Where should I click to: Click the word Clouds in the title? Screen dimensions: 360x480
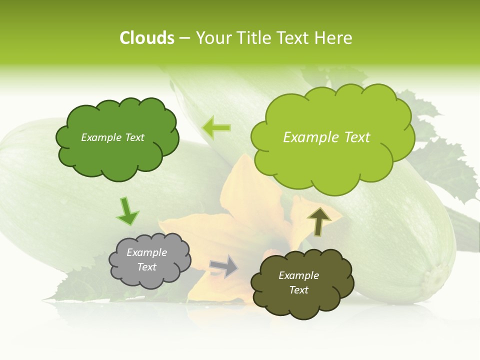click(x=147, y=38)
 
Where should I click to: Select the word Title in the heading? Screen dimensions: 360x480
click(x=253, y=38)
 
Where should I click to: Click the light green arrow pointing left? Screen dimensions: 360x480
click(x=216, y=128)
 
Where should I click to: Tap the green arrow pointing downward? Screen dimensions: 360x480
click(x=127, y=211)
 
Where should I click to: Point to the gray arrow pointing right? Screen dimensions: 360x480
click(x=224, y=266)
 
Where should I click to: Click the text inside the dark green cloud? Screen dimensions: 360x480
click(x=112, y=137)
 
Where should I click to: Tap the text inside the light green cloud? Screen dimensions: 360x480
click(x=326, y=137)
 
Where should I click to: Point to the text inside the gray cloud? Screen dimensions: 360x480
click(x=147, y=260)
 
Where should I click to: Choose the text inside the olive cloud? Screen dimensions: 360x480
click(x=298, y=283)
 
